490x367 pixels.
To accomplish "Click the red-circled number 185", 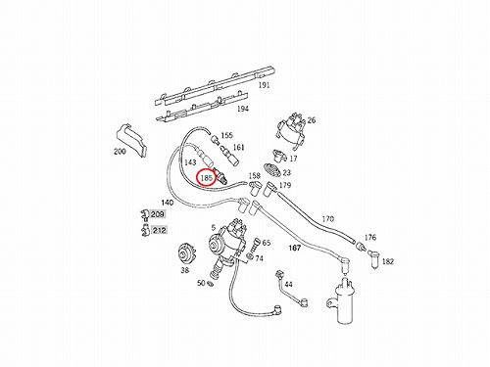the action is pyautogui.click(x=207, y=178).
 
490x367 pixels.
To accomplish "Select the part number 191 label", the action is pyautogui.click(x=264, y=85).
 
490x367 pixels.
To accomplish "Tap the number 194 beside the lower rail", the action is pyautogui.click(x=243, y=109).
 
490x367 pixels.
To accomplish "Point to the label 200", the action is pyautogui.click(x=120, y=152).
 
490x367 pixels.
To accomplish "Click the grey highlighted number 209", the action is pyautogui.click(x=158, y=214).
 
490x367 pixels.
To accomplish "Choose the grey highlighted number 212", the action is pyautogui.click(x=159, y=230).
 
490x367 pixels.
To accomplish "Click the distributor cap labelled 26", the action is pyautogui.click(x=291, y=130).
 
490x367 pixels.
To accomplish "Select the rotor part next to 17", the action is pyautogui.click(x=278, y=156).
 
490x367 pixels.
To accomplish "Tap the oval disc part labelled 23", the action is pyautogui.click(x=271, y=170).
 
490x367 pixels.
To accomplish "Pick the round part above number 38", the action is pyautogui.click(x=186, y=254).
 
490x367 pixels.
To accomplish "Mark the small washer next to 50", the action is pyautogui.click(x=211, y=284).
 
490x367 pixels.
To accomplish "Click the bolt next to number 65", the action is pyautogui.click(x=257, y=243).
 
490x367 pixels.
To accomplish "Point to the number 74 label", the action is pyautogui.click(x=259, y=258).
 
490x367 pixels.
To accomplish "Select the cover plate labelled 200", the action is pyautogui.click(x=131, y=141).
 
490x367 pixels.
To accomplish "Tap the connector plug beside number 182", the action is pyautogui.click(x=374, y=259).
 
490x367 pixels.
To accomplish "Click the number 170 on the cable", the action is pyautogui.click(x=328, y=218).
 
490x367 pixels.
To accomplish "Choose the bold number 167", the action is pyautogui.click(x=294, y=249).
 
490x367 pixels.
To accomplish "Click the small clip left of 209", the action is pyautogui.click(x=144, y=215).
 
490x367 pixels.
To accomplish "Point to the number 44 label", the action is pyautogui.click(x=288, y=285).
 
